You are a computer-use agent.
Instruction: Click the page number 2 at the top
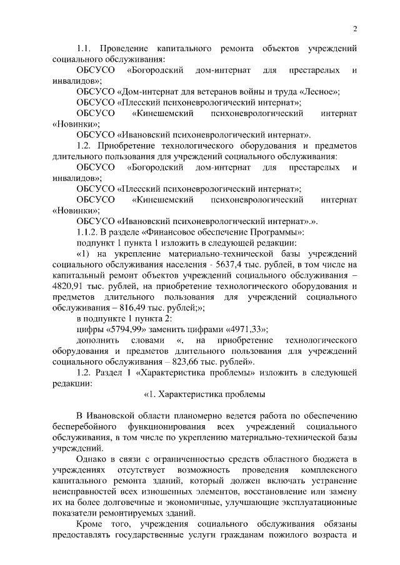pos(354,29)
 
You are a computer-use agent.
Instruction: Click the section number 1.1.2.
pos(88,233)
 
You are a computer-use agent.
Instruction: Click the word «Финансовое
pos(186,233)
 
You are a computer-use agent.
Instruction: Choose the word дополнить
pos(99,340)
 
